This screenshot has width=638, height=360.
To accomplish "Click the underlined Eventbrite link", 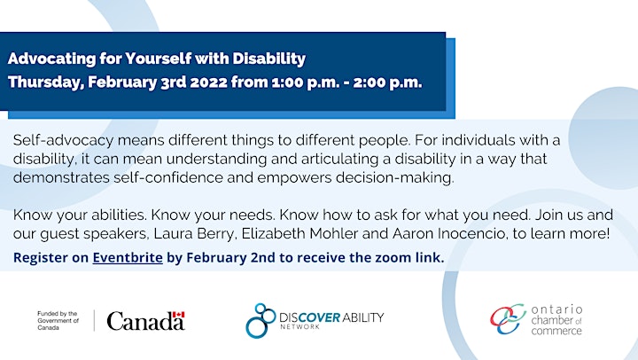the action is (x=128, y=258).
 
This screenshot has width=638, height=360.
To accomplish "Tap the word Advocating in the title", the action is (x=51, y=59).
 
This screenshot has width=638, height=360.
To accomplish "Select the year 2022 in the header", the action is (x=208, y=82).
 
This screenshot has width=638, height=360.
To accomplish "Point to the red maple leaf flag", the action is (x=178, y=315).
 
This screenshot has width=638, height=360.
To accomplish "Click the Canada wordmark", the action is (x=145, y=321).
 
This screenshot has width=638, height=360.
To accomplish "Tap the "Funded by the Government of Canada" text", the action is (x=58, y=320).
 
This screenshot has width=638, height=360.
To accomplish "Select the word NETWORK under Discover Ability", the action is (x=300, y=326).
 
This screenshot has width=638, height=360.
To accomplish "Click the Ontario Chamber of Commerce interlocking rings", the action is (x=508, y=319).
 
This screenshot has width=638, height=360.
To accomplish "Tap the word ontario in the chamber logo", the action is (x=556, y=309).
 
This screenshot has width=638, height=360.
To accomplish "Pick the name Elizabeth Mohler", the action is (x=300, y=234).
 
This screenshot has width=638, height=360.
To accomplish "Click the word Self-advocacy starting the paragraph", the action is (x=63, y=140).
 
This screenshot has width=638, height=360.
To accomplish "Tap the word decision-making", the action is (x=394, y=178).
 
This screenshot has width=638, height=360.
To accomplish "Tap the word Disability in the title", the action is (x=269, y=59).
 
